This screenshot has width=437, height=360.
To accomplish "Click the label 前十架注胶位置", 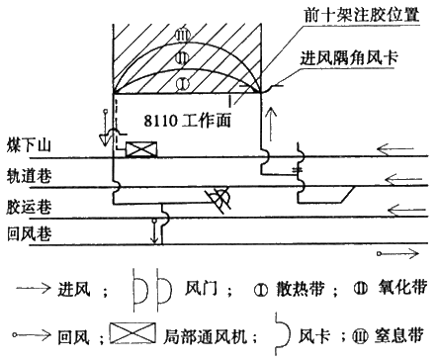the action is click(362, 15).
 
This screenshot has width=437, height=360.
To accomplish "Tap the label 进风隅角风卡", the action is click(349, 57).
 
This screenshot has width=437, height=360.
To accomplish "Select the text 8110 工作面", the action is click(187, 121).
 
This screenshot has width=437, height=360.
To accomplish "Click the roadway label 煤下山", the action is click(29, 145).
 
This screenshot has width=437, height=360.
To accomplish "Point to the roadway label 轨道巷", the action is click(29, 176).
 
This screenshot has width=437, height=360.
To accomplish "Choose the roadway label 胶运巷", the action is click(29, 208).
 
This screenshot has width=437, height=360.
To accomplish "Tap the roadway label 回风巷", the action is click(29, 234).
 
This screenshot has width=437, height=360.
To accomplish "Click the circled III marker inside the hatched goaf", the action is click(182, 36).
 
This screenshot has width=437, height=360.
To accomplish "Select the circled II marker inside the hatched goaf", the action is click(182, 58).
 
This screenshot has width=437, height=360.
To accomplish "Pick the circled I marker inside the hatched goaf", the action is click(182, 84).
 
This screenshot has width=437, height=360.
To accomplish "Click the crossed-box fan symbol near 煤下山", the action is click(141, 149).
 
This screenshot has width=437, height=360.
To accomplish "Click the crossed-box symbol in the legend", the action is click(132, 333).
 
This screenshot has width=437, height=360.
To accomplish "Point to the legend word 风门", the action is click(201, 289).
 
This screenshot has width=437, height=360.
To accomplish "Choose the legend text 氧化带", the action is click(402, 287).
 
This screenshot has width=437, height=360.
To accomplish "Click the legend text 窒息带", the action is click(398, 335).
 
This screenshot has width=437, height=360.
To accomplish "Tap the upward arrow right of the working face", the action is click(271, 124).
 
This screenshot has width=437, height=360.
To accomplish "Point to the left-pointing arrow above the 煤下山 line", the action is click(395, 150).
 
